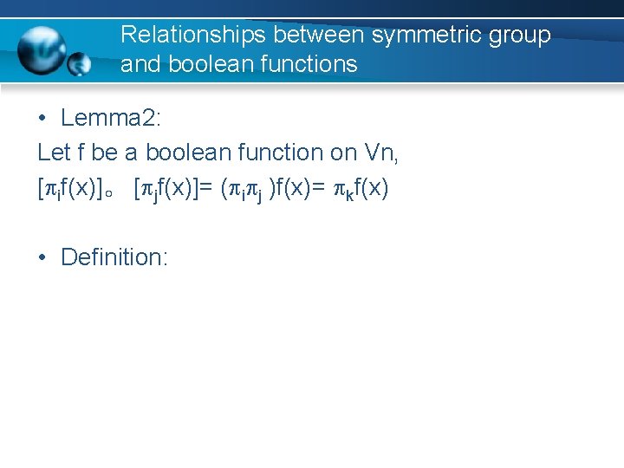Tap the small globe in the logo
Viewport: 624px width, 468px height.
coord(80,63)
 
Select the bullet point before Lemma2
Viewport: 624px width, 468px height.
coord(42,119)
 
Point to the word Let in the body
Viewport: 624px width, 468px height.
coord(53,153)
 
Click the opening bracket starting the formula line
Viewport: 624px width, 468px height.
coord(41,188)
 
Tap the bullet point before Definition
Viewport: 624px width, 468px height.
coord(42,257)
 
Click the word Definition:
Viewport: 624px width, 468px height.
coord(114,257)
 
